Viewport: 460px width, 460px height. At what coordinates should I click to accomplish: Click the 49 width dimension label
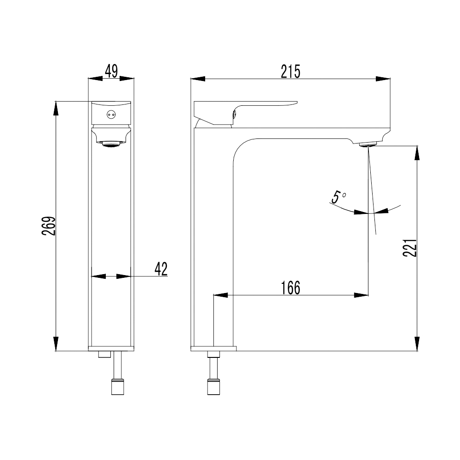[x=111, y=71]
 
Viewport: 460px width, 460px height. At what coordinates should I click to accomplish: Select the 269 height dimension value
[x=48, y=226]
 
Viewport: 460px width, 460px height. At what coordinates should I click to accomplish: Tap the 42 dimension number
[x=161, y=269]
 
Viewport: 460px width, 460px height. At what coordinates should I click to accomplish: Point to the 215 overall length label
[x=290, y=72]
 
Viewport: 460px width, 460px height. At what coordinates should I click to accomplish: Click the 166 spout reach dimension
[x=291, y=288]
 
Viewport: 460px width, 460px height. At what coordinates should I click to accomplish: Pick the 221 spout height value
[x=409, y=248]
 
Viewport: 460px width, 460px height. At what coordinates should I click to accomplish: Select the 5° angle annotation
[x=339, y=197]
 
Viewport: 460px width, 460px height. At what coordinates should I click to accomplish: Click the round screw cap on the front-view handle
[x=111, y=115]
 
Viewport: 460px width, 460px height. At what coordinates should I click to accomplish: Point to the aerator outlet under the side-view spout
[x=368, y=144]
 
